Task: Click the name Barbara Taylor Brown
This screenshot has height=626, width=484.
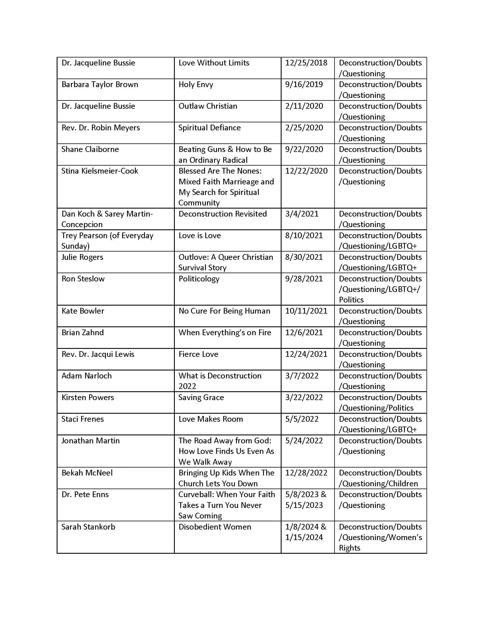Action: pos(100,85)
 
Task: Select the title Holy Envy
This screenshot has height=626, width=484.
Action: pos(196,85)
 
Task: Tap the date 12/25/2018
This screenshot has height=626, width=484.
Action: pos(306,63)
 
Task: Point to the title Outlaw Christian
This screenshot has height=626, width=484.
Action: pos(208,106)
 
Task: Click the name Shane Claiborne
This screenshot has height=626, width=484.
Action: pos(90,149)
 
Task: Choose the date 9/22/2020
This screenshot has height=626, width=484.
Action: pos(304,149)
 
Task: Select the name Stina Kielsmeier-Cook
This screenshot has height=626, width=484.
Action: pos(100,171)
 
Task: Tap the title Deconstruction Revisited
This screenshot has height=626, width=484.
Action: pos(223,214)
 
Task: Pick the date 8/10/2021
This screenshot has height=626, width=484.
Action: pos(304,236)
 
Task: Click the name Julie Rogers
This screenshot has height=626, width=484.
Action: pos(82,257)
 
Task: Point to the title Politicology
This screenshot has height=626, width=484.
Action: pos(199,279)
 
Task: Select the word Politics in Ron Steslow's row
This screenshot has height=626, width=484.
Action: pos(351,300)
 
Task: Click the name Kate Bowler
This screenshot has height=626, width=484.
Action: pos(83,311)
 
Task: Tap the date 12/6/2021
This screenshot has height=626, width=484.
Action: pos(304,332)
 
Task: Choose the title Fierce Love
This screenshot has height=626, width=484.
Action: pos(198,354)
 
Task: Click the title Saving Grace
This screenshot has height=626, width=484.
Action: pos(201,398)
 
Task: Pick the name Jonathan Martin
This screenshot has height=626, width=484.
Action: pos(90,440)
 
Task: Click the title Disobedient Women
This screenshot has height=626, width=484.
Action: pos(215,527)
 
